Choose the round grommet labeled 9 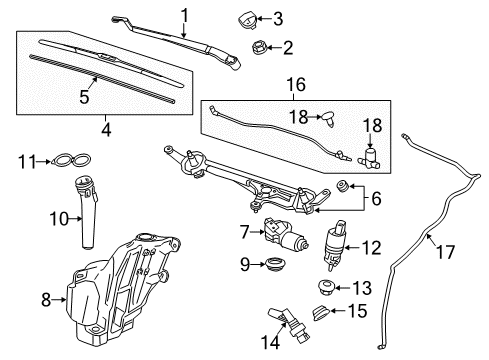click(269, 267)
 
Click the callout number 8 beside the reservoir click(45, 297)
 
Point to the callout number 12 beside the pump click(371, 247)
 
